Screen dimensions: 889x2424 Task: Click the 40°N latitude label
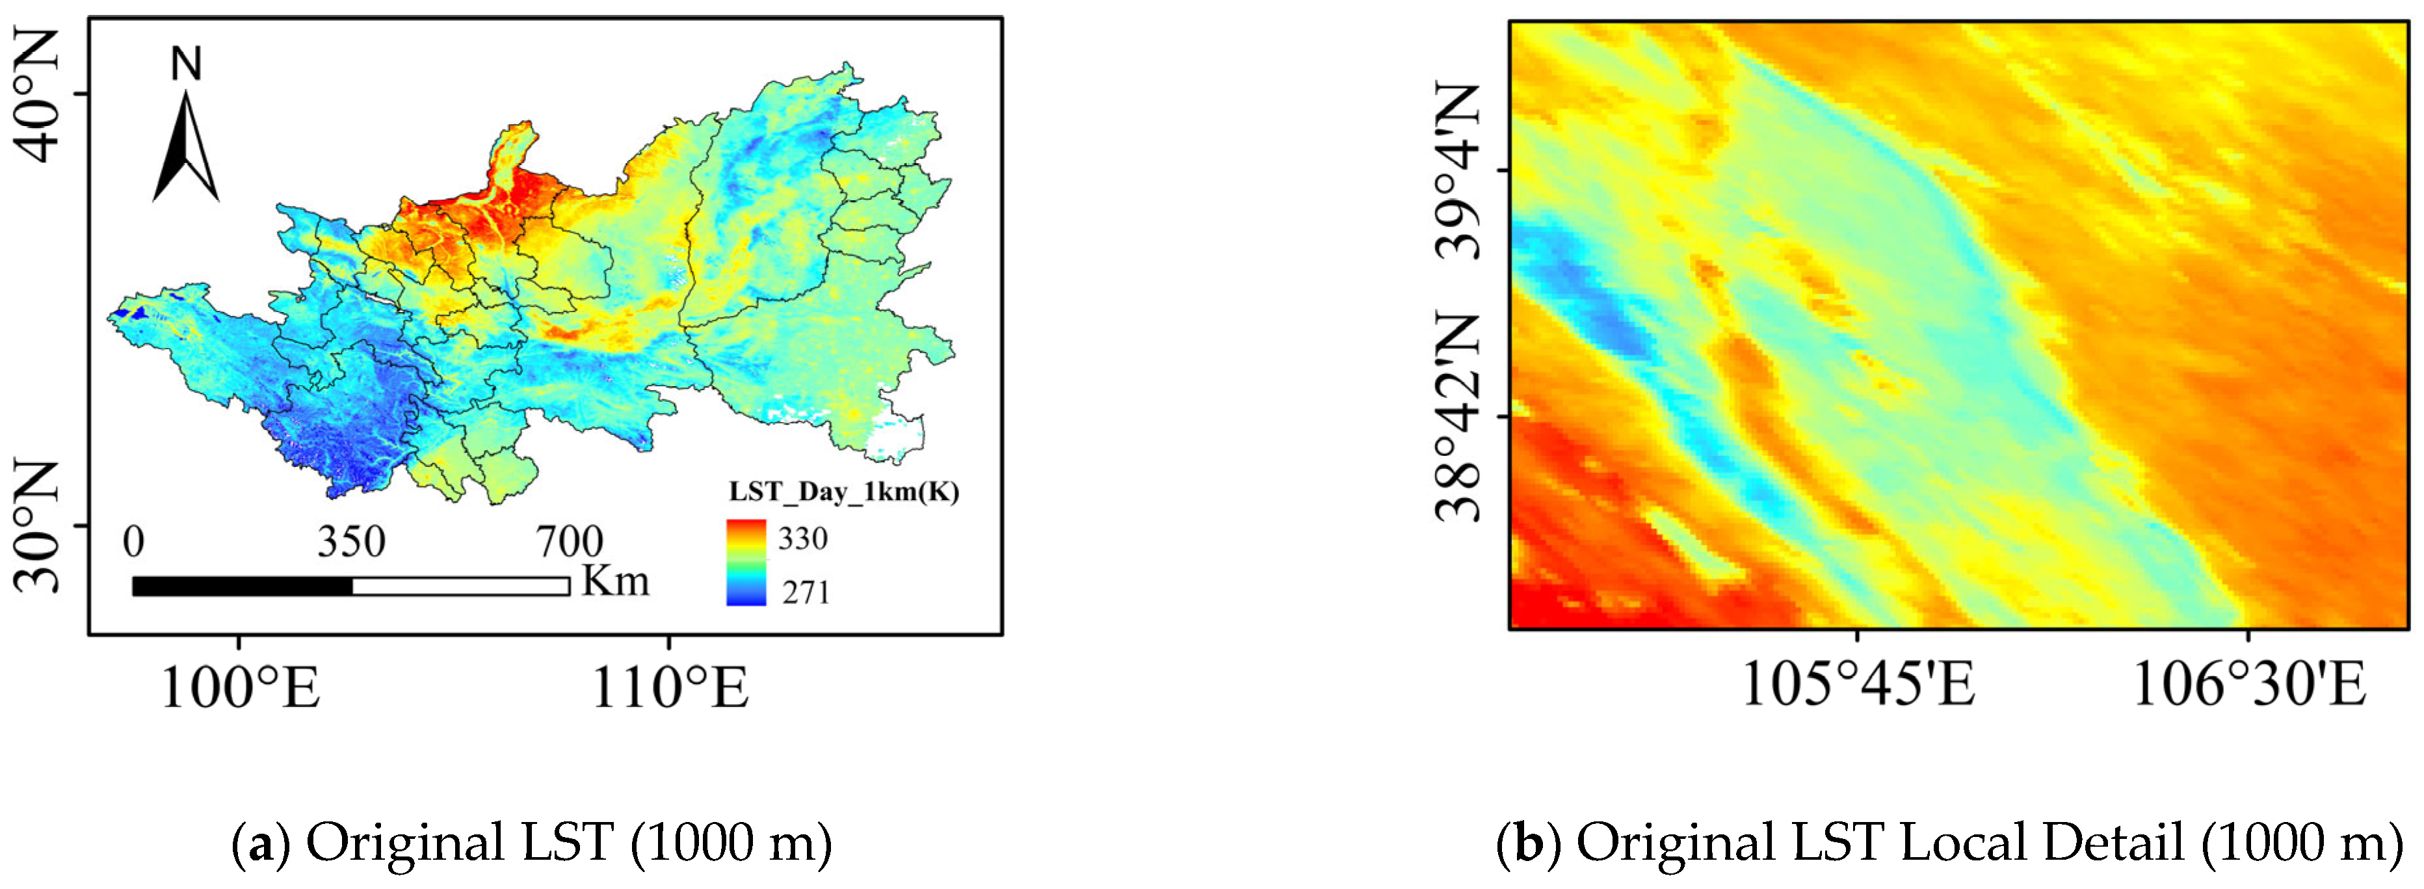point(38,95)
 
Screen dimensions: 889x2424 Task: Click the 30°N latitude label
point(38,526)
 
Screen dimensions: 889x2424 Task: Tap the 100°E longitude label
point(240,687)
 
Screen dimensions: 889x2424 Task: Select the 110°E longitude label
point(669,687)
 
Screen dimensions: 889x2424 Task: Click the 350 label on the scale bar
point(351,543)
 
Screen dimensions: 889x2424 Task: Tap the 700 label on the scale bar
point(570,543)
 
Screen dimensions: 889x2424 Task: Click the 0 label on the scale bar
point(134,543)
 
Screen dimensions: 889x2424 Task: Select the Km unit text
point(615,581)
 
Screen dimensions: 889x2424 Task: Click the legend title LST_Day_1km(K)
point(844,492)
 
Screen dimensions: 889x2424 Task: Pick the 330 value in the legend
point(802,539)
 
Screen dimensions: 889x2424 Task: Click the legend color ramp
point(746,563)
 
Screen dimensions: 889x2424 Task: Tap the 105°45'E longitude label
point(1858,685)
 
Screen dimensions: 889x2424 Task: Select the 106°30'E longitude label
point(2248,685)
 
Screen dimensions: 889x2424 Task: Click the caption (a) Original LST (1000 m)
point(532,843)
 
